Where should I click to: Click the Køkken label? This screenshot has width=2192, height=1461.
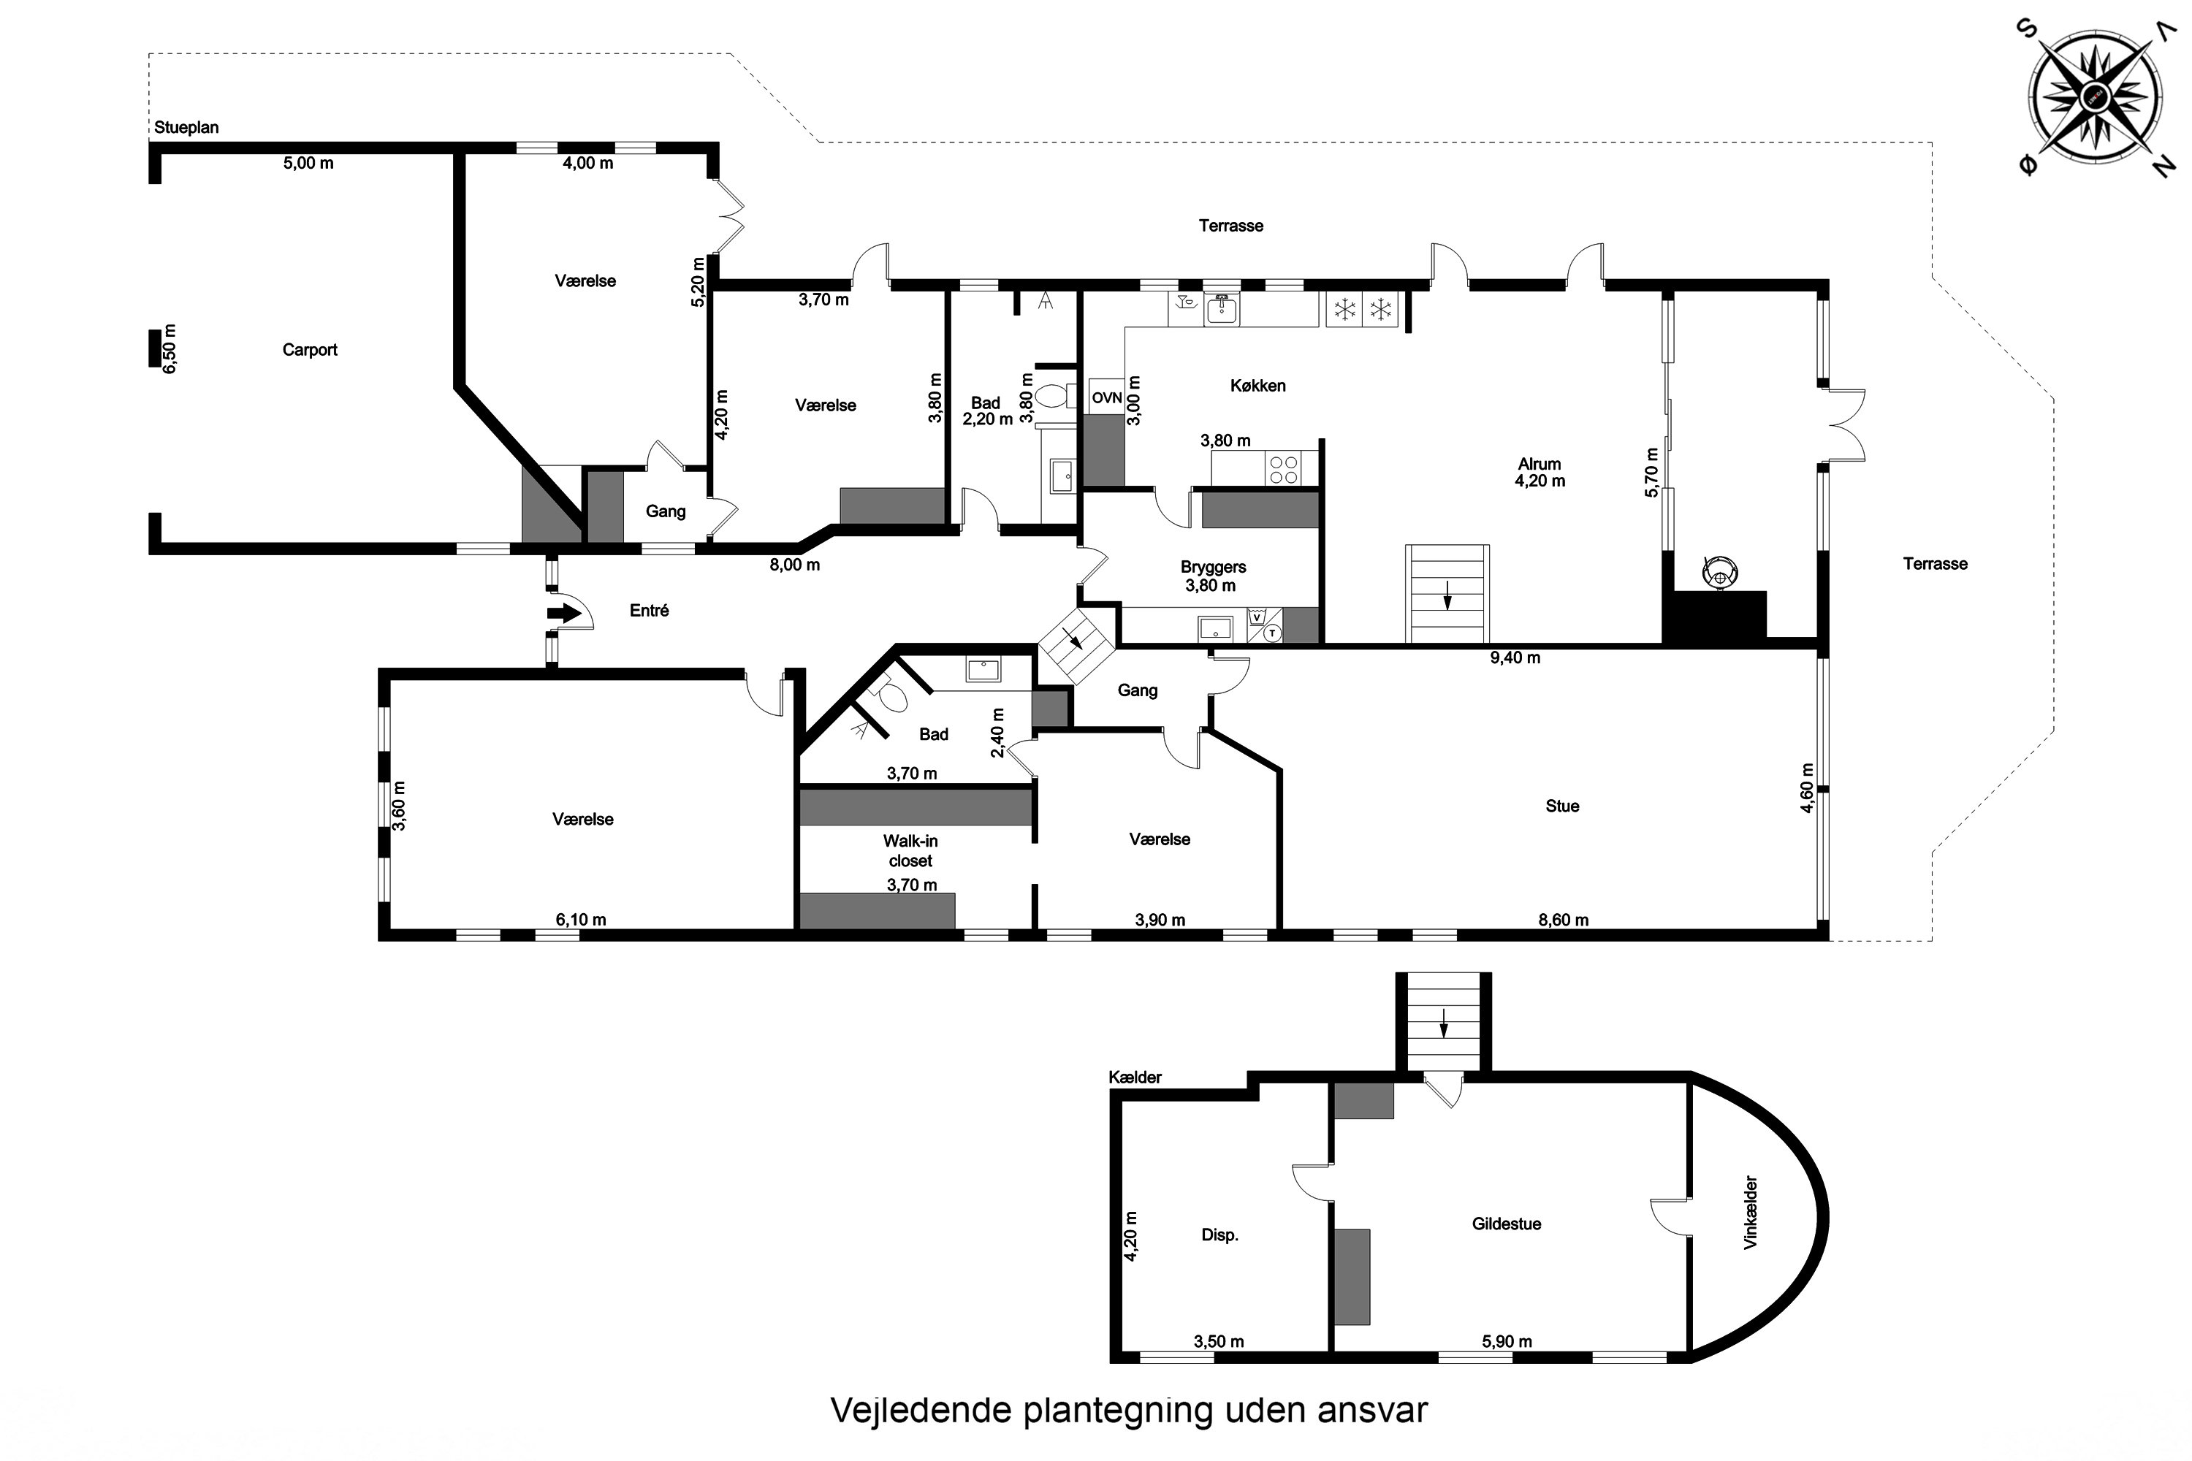pyautogui.click(x=1257, y=386)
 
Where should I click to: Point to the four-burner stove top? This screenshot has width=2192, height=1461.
pyautogui.click(x=1283, y=468)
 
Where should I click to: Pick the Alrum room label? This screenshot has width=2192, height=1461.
pyautogui.click(x=1539, y=464)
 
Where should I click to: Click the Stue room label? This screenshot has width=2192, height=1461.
pyautogui.click(x=1562, y=806)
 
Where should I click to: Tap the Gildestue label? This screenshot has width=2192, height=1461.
pyautogui.click(x=1506, y=1224)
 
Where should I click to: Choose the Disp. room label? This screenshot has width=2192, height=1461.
pyautogui.click(x=1219, y=1235)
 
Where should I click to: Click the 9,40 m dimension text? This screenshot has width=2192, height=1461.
pyautogui.click(x=1515, y=658)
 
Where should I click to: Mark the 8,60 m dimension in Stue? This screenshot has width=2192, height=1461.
pyautogui.click(x=1563, y=920)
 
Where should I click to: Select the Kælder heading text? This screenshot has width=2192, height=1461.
pyautogui.click(x=1135, y=1077)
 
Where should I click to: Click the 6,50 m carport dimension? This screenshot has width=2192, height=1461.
pyautogui.click(x=169, y=348)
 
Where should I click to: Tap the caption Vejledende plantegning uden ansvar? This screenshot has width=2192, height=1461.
pyautogui.click(x=1129, y=1410)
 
